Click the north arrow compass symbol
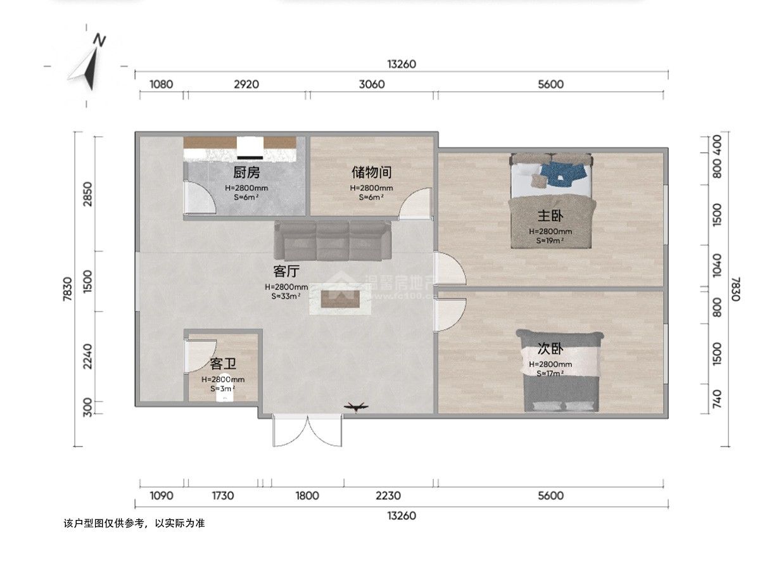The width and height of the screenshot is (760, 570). (89, 63)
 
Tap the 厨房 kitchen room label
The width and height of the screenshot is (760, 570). (246, 172)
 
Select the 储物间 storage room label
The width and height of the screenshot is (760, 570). (371, 172)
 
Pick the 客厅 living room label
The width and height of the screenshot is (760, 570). (286, 272)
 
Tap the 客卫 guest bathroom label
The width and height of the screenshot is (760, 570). (223, 364)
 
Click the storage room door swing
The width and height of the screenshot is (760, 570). (416, 204)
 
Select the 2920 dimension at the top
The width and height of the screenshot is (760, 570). (246, 84)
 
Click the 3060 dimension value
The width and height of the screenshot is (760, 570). (371, 84)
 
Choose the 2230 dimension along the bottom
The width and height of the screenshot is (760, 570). (388, 495)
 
